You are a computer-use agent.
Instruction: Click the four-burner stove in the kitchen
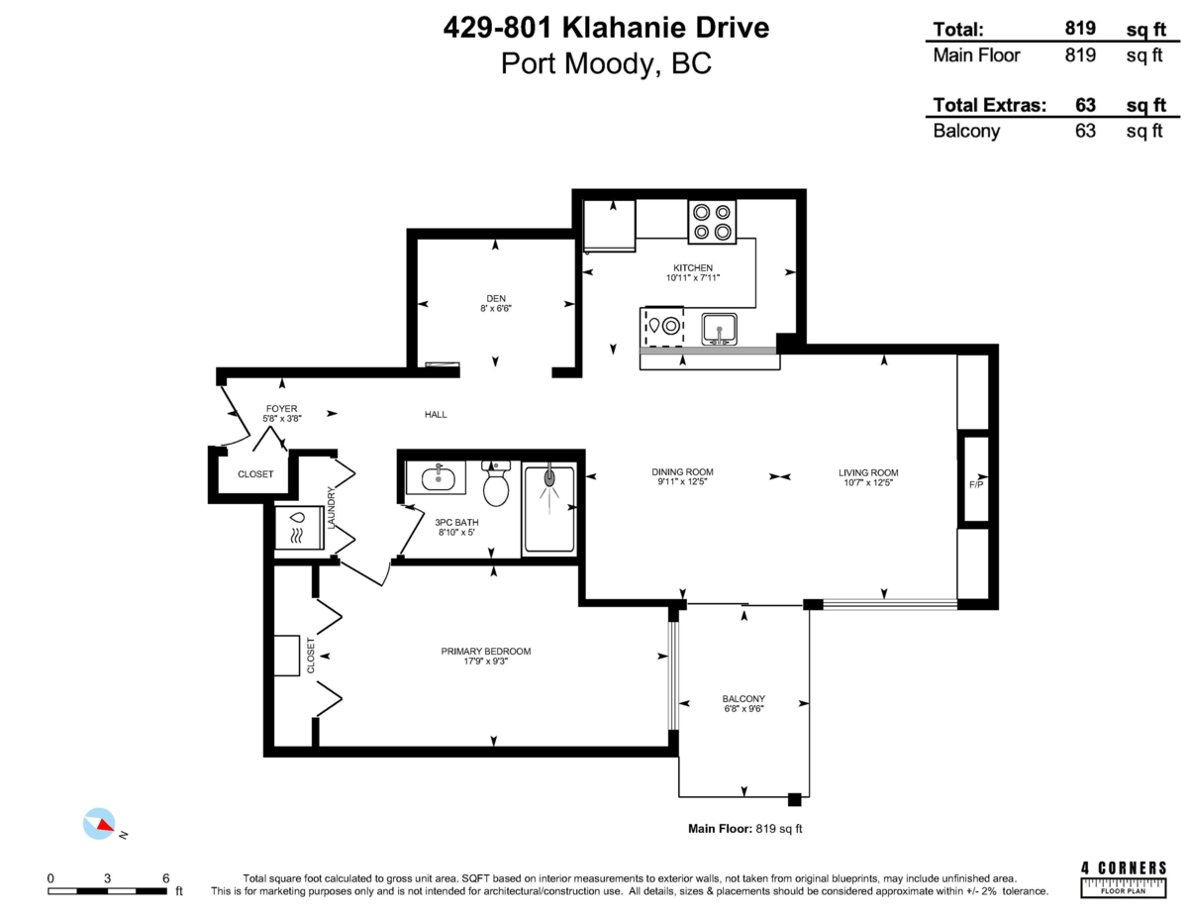[x=712, y=222]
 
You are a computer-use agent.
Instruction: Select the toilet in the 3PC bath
[x=495, y=484]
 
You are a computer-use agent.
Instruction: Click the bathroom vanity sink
[x=437, y=478]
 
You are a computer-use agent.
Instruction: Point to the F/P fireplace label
[x=976, y=483]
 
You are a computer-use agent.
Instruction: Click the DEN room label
[x=495, y=297]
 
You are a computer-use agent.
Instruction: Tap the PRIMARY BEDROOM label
[x=486, y=651]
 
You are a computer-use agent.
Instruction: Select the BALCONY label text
[x=743, y=698]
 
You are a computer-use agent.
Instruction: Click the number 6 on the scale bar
[x=165, y=877]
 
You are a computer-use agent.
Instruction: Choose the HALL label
[x=436, y=414]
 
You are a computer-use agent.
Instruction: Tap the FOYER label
[x=281, y=408]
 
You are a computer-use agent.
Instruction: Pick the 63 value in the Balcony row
[x=1084, y=130]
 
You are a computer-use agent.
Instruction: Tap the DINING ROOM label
[x=682, y=471]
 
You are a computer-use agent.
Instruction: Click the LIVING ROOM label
[x=868, y=471]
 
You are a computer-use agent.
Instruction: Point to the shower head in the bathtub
[x=548, y=479]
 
